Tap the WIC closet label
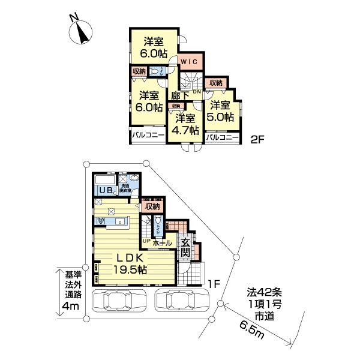click(190, 62)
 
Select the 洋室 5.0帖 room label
click(221, 112)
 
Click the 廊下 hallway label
click(181, 95)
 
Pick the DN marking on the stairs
click(197, 92)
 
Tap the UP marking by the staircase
click(146, 242)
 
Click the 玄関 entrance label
click(186, 247)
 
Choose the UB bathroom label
click(106, 190)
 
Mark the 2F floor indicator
click(257, 139)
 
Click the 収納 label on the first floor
click(152, 206)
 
